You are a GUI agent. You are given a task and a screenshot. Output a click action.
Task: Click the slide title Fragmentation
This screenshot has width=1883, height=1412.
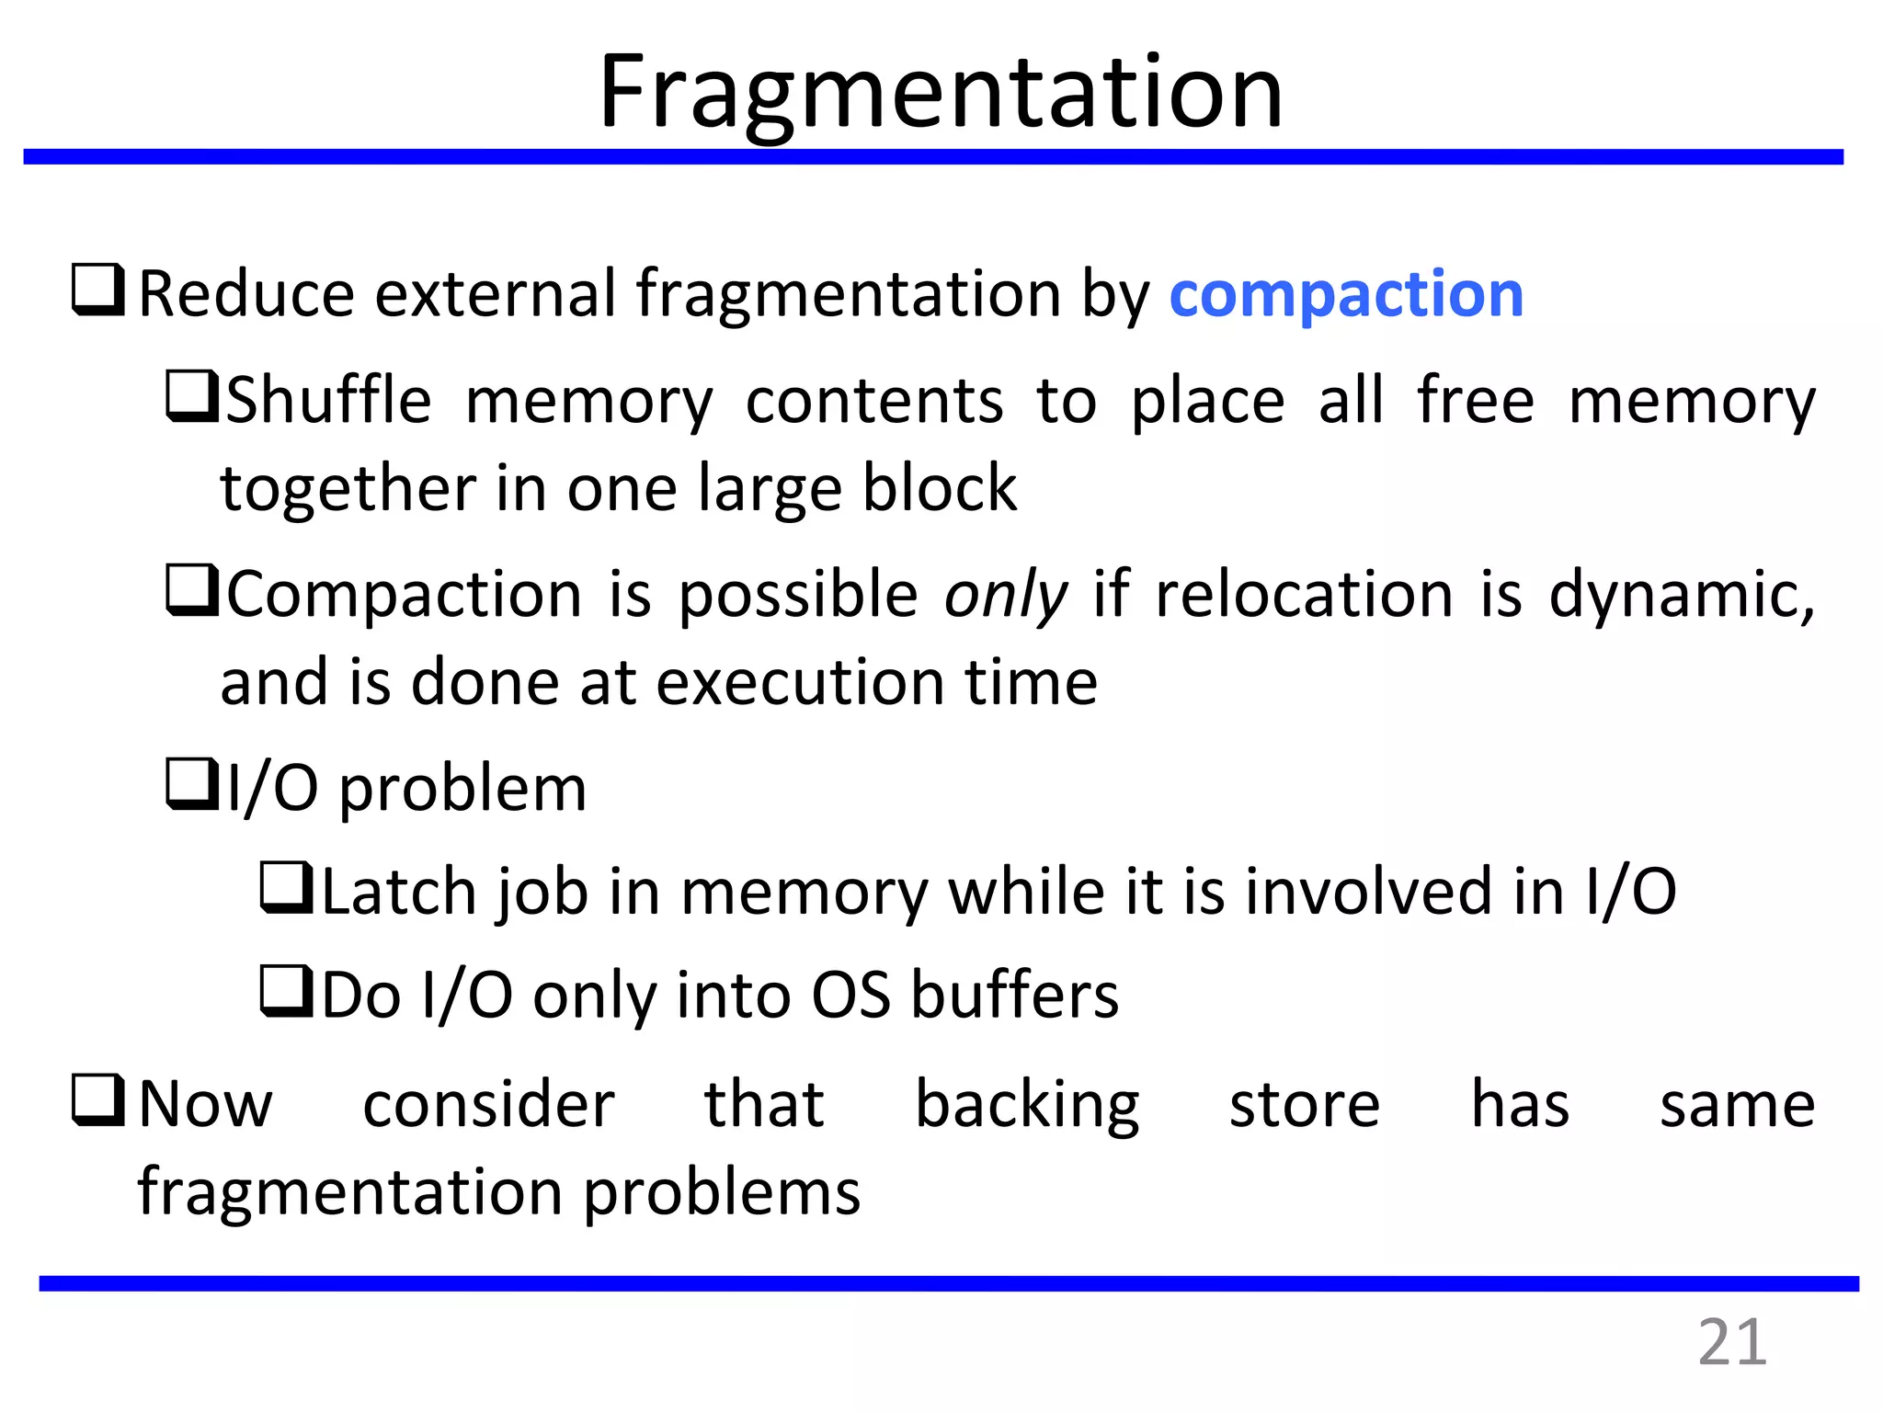coord(940,92)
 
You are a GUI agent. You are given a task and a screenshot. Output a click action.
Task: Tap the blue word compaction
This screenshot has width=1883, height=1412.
coord(1346,295)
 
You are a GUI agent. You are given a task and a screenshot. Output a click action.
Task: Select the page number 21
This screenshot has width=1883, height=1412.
coord(1731,1343)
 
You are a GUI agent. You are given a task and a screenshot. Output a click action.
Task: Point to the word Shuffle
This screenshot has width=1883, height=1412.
coord(328,401)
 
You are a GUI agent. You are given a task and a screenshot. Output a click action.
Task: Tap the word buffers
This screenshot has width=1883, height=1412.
coord(1014,996)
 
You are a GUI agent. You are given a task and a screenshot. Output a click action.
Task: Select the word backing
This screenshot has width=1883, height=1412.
coord(1027,1105)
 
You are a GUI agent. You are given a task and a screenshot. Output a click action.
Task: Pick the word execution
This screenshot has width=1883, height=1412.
coord(800,683)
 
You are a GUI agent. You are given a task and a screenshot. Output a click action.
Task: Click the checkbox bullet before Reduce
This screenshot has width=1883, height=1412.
coord(98,290)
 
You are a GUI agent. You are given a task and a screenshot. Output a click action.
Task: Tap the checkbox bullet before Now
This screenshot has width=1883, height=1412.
coord(98,1101)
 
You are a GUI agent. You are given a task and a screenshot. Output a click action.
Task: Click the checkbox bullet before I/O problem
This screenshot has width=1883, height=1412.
coord(192,784)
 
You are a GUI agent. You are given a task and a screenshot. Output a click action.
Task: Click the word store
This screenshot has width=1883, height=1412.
coord(1304,1105)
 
